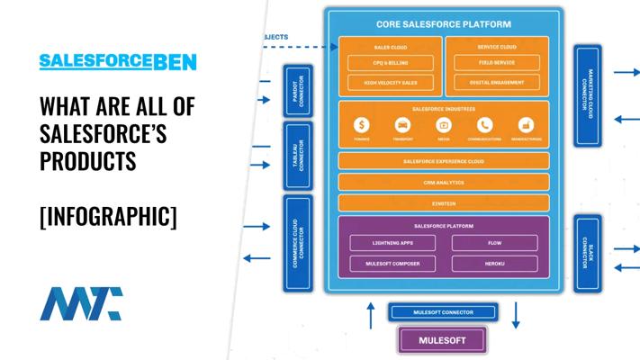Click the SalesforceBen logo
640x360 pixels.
(x=118, y=62)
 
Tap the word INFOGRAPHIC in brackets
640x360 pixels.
(x=108, y=217)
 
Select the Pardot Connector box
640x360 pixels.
(x=296, y=90)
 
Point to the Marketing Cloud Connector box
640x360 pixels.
(x=588, y=94)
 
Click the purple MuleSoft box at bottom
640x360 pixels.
(x=442, y=341)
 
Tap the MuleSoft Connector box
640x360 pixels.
(x=442, y=313)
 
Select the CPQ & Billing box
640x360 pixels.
(x=391, y=63)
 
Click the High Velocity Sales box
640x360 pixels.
(x=391, y=83)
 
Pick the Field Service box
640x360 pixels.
(x=497, y=63)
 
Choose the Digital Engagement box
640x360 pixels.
(x=497, y=83)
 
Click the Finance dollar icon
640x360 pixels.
(x=362, y=126)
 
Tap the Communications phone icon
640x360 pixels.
(x=485, y=126)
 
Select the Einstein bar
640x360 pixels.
(x=443, y=202)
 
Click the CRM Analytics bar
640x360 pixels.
(x=443, y=182)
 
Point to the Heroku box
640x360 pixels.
(x=494, y=264)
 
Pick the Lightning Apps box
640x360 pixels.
(x=392, y=243)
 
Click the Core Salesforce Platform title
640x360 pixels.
(x=443, y=24)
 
